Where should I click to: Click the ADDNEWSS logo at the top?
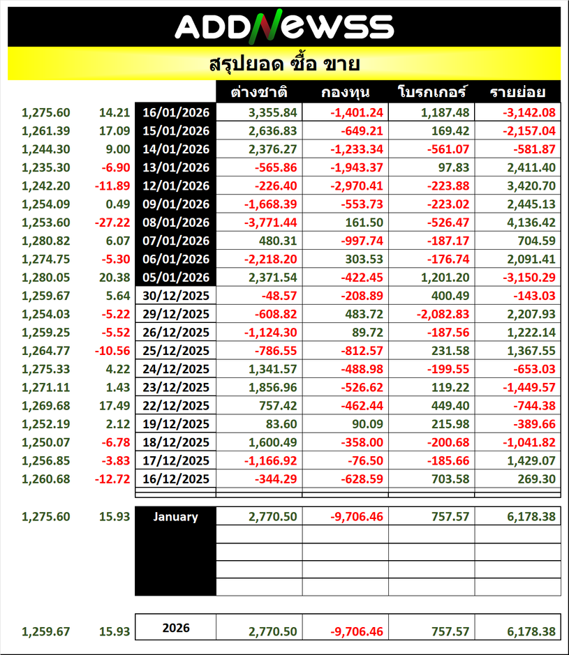tap(283, 27)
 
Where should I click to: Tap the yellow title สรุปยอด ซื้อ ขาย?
tap(284, 64)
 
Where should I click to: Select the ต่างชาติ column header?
tap(259, 92)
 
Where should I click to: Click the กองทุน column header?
tap(346, 92)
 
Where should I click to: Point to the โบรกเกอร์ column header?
tap(431, 92)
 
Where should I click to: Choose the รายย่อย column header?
tap(517, 92)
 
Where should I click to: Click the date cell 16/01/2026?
tap(176, 112)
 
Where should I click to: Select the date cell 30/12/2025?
tap(176, 295)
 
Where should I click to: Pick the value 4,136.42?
tap(529, 222)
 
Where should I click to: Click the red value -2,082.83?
tap(443, 313)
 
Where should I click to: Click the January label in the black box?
tap(175, 517)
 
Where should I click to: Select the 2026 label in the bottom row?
tap(175, 628)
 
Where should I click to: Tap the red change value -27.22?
tap(114, 222)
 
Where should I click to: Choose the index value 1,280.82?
tap(46, 240)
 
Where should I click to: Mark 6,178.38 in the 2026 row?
tap(529, 632)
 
